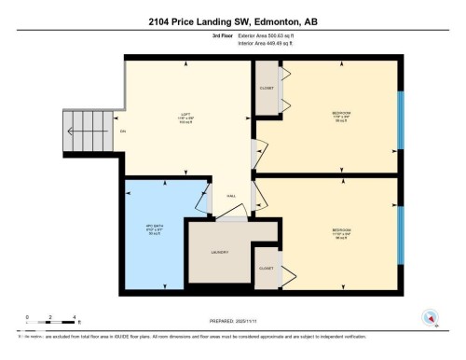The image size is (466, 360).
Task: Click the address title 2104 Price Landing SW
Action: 232,21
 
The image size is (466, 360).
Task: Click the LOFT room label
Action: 185,117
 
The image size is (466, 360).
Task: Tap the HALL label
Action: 230,196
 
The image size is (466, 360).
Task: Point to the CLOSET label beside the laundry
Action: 267,264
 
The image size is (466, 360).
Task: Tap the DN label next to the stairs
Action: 123,132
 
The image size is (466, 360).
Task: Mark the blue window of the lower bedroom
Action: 402,233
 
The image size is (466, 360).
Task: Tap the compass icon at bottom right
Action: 430,317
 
